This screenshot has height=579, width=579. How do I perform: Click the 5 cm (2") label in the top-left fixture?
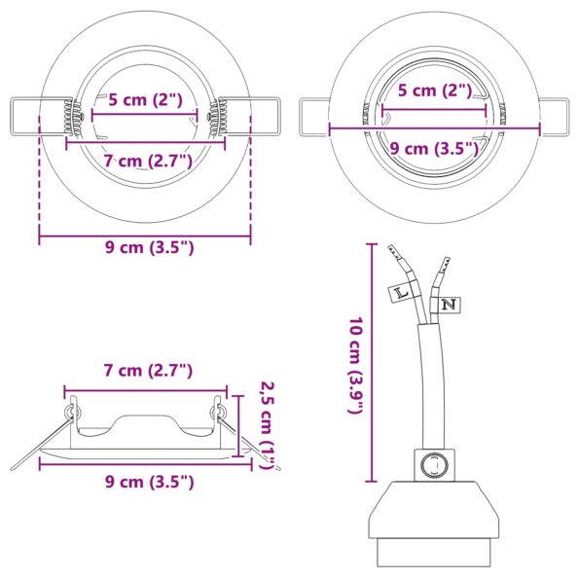point(145,98)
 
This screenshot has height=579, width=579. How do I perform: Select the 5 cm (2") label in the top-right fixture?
point(435,90)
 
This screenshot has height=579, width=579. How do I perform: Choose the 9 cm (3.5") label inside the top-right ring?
point(435,148)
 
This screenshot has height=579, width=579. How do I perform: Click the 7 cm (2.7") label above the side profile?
point(148,370)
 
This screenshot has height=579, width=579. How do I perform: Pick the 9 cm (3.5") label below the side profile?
point(149,481)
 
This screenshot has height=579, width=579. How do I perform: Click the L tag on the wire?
point(400,290)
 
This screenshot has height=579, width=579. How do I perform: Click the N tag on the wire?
point(449,306)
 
